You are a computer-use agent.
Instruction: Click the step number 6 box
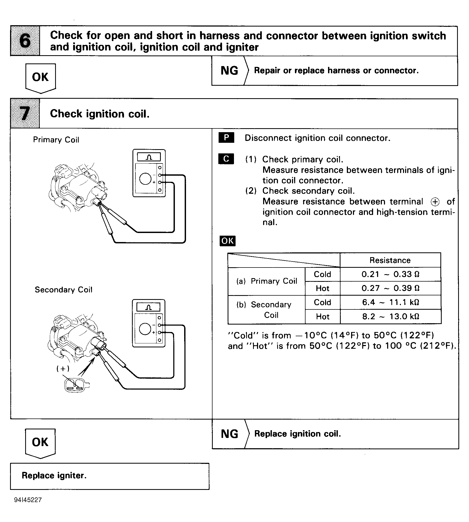pyautogui.click(x=25, y=41)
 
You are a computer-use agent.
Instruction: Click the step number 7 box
pyautogui.click(x=25, y=114)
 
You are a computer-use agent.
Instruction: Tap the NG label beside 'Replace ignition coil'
pyautogui.click(x=229, y=434)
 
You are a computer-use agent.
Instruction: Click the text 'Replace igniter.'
pyautogui.click(x=54, y=475)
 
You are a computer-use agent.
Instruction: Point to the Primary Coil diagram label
pyautogui.click(x=56, y=140)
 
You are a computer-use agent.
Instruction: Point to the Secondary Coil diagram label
pyautogui.click(x=63, y=290)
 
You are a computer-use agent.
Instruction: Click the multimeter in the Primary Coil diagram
pyautogui.click(x=149, y=173)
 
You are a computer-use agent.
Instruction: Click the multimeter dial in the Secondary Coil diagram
pyautogui.click(x=145, y=329)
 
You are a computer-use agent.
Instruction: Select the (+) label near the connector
pyautogui.click(x=63, y=368)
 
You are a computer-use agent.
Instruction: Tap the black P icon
pyautogui.click(x=226, y=138)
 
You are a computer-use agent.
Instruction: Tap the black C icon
pyautogui.click(x=226, y=159)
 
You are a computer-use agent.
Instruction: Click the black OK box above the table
pyautogui.click(x=227, y=241)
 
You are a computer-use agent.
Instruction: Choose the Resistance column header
pyautogui.click(x=390, y=260)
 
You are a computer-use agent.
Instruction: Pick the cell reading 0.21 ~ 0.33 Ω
pyautogui.click(x=390, y=274)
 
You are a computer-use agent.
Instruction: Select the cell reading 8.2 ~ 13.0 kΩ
pyautogui.click(x=390, y=316)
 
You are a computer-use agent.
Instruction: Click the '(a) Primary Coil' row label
pyautogui.click(x=267, y=281)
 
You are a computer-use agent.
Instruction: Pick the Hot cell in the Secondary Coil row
pyautogui.click(x=322, y=316)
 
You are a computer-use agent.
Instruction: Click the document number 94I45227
pyautogui.click(x=28, y=500)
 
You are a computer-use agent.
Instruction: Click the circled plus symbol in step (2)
pyautogui.click(x=435, y=202)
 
